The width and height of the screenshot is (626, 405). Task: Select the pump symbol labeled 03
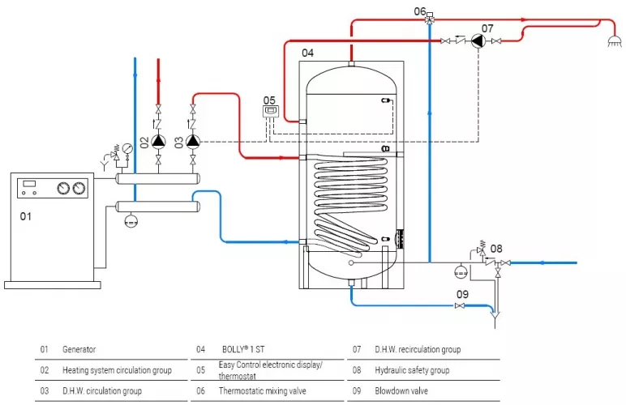192,140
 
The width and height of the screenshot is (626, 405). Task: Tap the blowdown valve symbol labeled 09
461,305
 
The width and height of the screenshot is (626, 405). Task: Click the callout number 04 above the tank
307,53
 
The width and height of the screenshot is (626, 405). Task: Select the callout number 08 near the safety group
497,249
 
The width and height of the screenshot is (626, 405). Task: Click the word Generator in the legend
79,350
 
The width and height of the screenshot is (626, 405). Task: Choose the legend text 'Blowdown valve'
379,390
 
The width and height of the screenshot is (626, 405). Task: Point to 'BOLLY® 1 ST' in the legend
246,350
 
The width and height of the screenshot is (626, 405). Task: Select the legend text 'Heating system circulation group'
117,370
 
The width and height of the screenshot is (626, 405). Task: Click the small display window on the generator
29,184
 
